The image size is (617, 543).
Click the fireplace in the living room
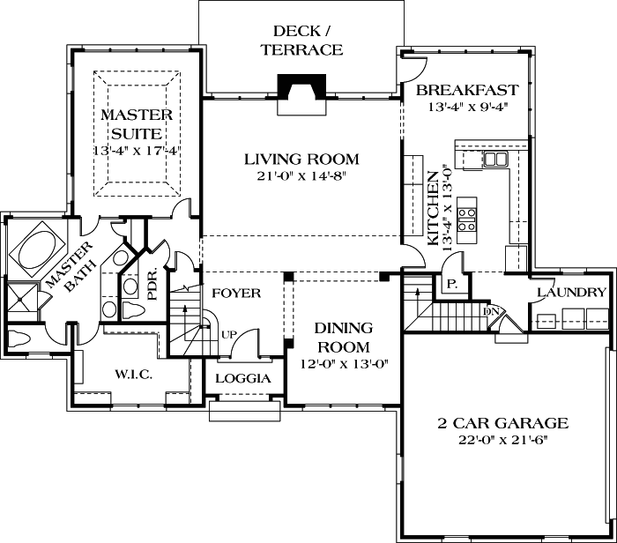click(x=301, y=89)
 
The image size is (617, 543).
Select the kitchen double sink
click(x=495, y=160)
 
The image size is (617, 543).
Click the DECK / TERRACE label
click(x=301, y=41)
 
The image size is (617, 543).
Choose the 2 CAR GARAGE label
click(x=503, y=423)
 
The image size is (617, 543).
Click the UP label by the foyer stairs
click(x=228, y=336)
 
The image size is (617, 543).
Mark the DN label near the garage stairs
click(x=491, y=310)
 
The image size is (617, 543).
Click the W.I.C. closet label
click(x=133, y=375)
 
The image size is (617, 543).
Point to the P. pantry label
click(x=450, y=285)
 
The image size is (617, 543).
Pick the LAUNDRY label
click(x=571, y=293)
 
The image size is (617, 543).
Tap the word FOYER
click(x=235, y=293)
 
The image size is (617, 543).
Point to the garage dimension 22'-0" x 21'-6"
click(x=503, y=441)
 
